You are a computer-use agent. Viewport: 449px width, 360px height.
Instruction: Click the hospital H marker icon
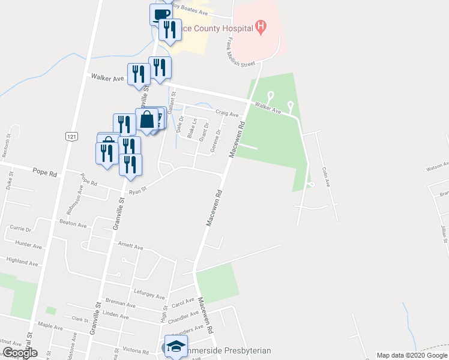coord(261,26)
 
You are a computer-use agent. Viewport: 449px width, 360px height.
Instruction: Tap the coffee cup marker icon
coord(160,15)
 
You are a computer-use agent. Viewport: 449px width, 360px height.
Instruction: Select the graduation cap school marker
coord(175,347)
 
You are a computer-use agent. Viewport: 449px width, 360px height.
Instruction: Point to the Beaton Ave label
coord(73,224)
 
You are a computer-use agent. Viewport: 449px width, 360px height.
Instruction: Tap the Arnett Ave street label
coord(131,246)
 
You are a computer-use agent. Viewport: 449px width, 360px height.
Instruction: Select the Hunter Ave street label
coord(29,245)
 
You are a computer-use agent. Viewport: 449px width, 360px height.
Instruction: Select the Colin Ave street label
coord(326,177)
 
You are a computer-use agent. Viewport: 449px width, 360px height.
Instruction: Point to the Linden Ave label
coord(116,315)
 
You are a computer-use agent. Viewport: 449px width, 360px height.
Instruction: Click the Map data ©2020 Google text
coord(411,355)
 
